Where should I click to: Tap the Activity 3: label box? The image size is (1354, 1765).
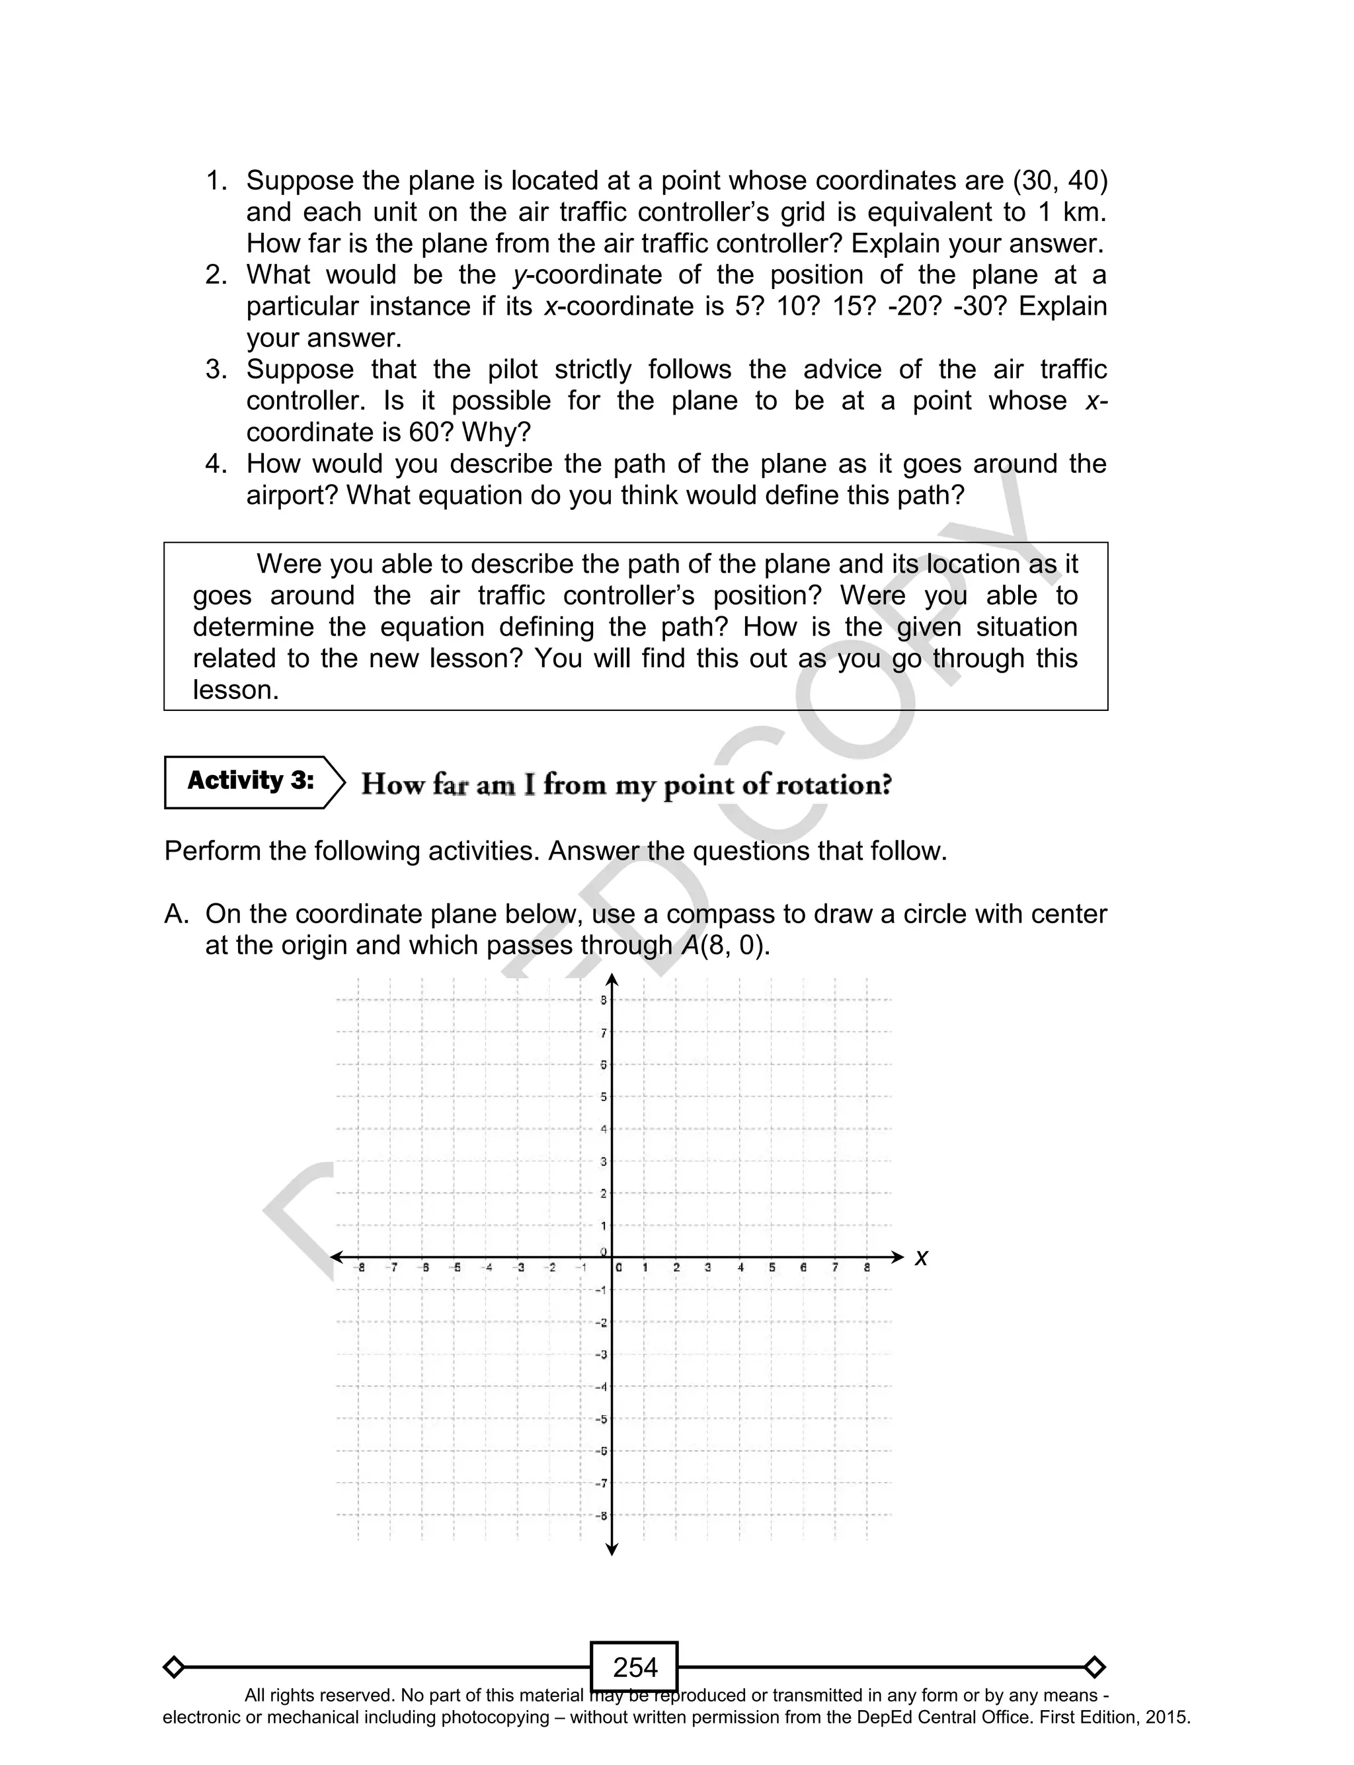pos(251,781)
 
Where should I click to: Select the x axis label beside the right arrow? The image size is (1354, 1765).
pos(921,1258)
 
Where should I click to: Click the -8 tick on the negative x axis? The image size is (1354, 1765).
pos(361,1268)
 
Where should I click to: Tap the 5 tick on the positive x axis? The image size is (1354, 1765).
pos(772,1268)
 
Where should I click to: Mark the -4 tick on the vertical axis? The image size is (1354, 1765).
pos(601,1386)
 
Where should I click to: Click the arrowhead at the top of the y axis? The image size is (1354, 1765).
pos(612,981)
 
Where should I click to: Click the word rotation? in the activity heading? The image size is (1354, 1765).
pos(838,784)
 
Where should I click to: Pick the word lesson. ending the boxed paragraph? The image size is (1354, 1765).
pos(235,690)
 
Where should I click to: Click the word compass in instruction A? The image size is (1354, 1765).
pos(710,914)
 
